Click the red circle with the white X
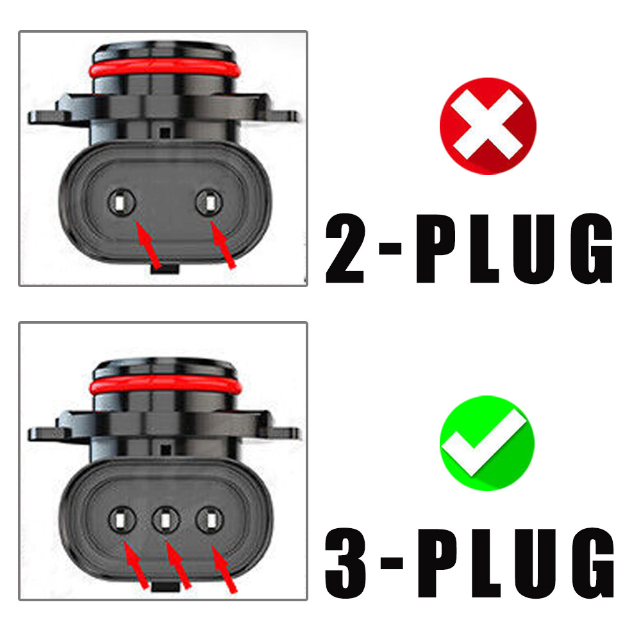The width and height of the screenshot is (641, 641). click(488, 126)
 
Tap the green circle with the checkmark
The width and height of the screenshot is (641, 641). click(487, 443)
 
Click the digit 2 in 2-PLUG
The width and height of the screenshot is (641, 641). click(345, 248)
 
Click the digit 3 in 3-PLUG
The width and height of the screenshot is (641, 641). click(345, 563)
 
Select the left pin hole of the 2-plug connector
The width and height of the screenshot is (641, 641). click(121, 203)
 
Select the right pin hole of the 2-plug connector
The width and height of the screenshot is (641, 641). click(210, 203)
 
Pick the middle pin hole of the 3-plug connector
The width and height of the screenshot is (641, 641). click(165, 520)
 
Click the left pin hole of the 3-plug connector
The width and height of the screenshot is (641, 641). click(122, 520)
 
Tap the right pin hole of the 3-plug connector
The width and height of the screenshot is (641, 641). click(210, 520)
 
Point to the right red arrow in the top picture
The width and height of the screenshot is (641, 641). click(222, 244)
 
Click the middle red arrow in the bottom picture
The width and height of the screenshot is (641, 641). click(178, 565)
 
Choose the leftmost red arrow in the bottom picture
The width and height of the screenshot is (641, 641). click(136, 565)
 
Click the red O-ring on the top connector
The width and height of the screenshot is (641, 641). click(165, 69)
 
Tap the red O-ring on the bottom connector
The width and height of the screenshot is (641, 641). click(165, 385)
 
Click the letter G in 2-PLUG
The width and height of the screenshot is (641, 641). click(592, 248)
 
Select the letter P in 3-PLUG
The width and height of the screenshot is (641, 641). click(437, 563)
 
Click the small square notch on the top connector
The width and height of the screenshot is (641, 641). click(165, 133)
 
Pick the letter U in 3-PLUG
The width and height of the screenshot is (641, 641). click(535, 564)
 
